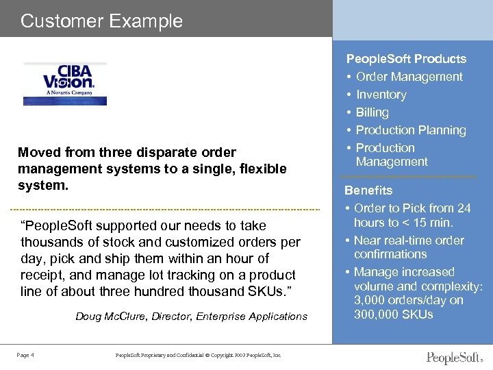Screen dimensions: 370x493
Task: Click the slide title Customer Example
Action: [102, 21]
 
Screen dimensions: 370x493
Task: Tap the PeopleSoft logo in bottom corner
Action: [454, 358]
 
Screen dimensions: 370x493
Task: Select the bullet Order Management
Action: [409, 77]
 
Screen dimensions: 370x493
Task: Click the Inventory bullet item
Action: [381, 95]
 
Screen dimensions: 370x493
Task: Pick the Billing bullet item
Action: [372, 112]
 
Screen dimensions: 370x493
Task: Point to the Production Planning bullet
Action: [410, 130]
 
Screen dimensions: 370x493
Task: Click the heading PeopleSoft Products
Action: [406, 59]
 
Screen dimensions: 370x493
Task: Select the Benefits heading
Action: [368, 190]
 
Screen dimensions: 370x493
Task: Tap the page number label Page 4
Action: [26, 354]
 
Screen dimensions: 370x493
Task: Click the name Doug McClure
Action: [106, 317]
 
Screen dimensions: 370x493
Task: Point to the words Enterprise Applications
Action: [252, 317]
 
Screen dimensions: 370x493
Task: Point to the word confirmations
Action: [390, 254]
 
